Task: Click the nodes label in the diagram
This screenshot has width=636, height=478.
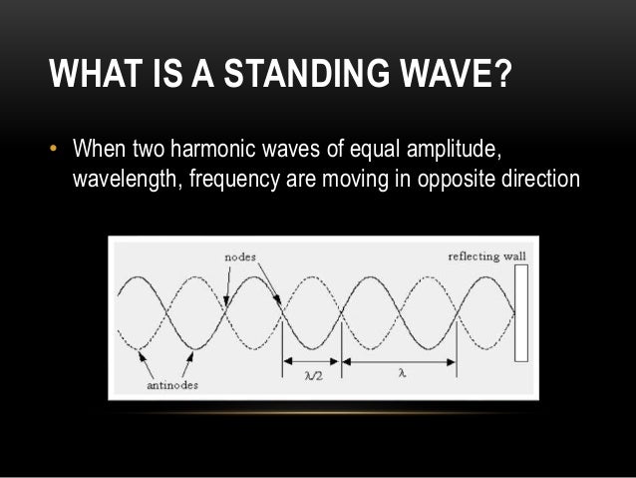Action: click(x=238, y=256)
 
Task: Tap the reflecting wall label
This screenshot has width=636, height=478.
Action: click(x=487, y=256)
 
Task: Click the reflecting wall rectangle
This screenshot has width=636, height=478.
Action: click(x=520, y=312)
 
